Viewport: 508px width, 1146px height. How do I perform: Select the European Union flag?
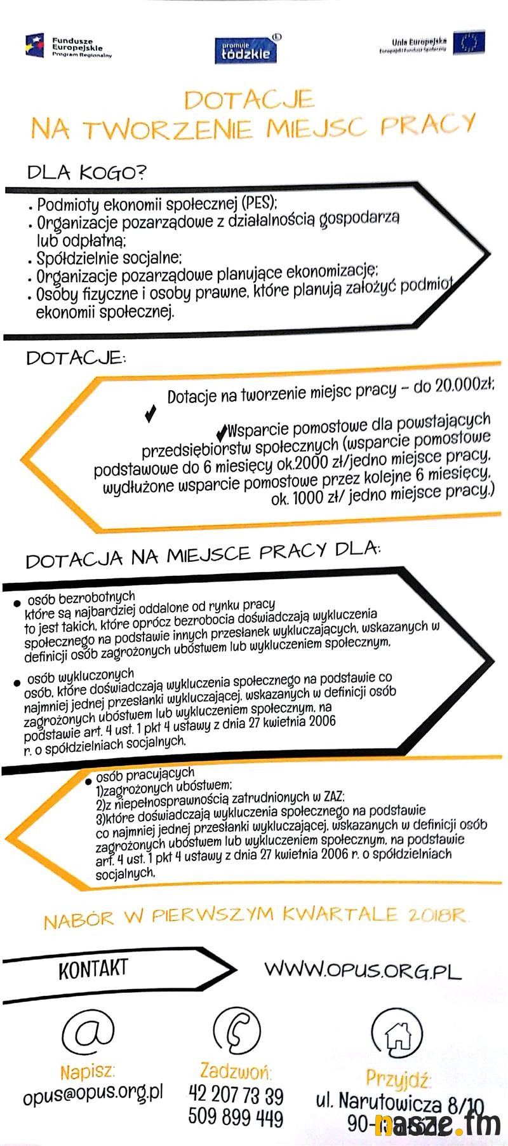coord(469,43)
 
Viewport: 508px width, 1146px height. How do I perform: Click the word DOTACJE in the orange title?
coord(249,100)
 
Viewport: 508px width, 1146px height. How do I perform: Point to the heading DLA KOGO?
coord(86,172)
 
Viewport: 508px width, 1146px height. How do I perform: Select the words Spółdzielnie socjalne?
coord(109,258)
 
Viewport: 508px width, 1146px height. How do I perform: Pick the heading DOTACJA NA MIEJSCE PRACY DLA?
coord(202,554)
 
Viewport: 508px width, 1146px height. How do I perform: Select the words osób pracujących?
coord(145,774)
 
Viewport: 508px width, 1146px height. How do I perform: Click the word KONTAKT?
coord(93,969)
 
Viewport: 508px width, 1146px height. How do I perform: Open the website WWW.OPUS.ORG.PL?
coord(362,970)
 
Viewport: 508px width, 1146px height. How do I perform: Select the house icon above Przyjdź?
coord(398,1035)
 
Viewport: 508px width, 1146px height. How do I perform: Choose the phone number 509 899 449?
coord(236,1117)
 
